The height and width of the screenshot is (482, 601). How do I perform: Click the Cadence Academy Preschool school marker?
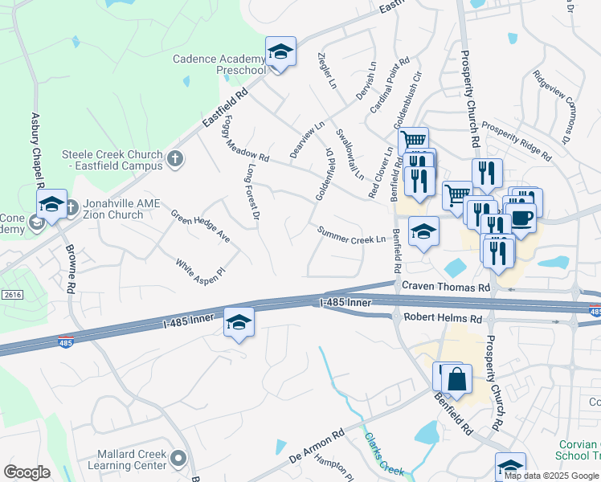pos(280,52)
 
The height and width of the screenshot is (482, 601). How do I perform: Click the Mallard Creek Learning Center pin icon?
pos(178,460)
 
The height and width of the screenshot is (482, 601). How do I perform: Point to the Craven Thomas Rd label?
pos(445,287)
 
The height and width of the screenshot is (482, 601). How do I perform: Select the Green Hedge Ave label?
pos(201,227)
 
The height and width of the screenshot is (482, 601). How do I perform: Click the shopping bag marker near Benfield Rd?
pos(456,379)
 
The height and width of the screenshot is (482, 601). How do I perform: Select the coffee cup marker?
pos(521,218)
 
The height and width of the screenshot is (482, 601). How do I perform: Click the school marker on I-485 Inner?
pos(239,322)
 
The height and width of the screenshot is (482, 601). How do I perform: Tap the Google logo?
pos(27,472)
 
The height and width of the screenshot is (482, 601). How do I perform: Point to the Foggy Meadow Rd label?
pos(245,144)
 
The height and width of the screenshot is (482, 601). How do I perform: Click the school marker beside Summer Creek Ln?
pos(423,232)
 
